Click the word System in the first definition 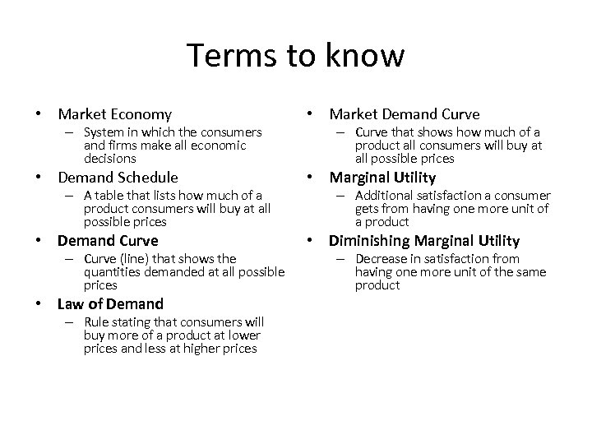pyautogui.click(x=104, y=132)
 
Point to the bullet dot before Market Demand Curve pyautogui.click(x=313, y=114)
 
